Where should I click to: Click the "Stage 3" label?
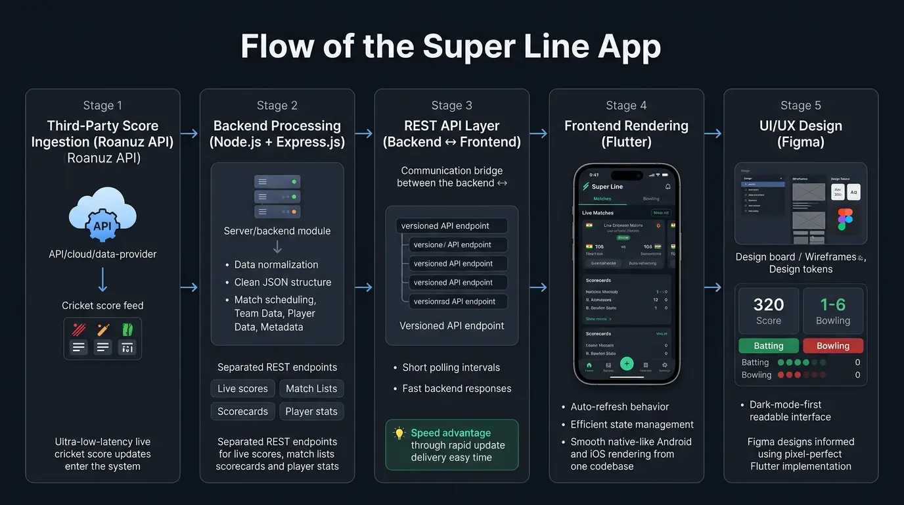(x=451, y=105)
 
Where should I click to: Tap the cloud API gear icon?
(x=102, y=225)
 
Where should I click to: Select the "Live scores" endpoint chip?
(x=242, y=389)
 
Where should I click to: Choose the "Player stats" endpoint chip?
(x=311, y=412)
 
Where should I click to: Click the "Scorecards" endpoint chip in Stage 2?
(x=242, y=412)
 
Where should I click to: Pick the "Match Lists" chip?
(x=311, y=389)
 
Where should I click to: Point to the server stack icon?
(x=277, y=197)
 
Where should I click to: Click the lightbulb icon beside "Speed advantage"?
(x=399, y=433)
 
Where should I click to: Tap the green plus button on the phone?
(x=627, y=364)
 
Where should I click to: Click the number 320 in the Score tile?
(x=769, y=304)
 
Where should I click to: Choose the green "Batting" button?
(x=769, y=346)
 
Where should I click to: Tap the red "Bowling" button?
(x=833, y=346)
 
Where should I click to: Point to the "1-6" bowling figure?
(x=833, y=304)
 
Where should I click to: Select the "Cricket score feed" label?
(x=102, y=305)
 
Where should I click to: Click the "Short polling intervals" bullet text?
(x=451, y=368)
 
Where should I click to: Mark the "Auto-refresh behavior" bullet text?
(x=620, y=407)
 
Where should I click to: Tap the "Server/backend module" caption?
(x=277, y=231)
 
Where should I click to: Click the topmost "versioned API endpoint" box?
(x=451, y=226)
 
